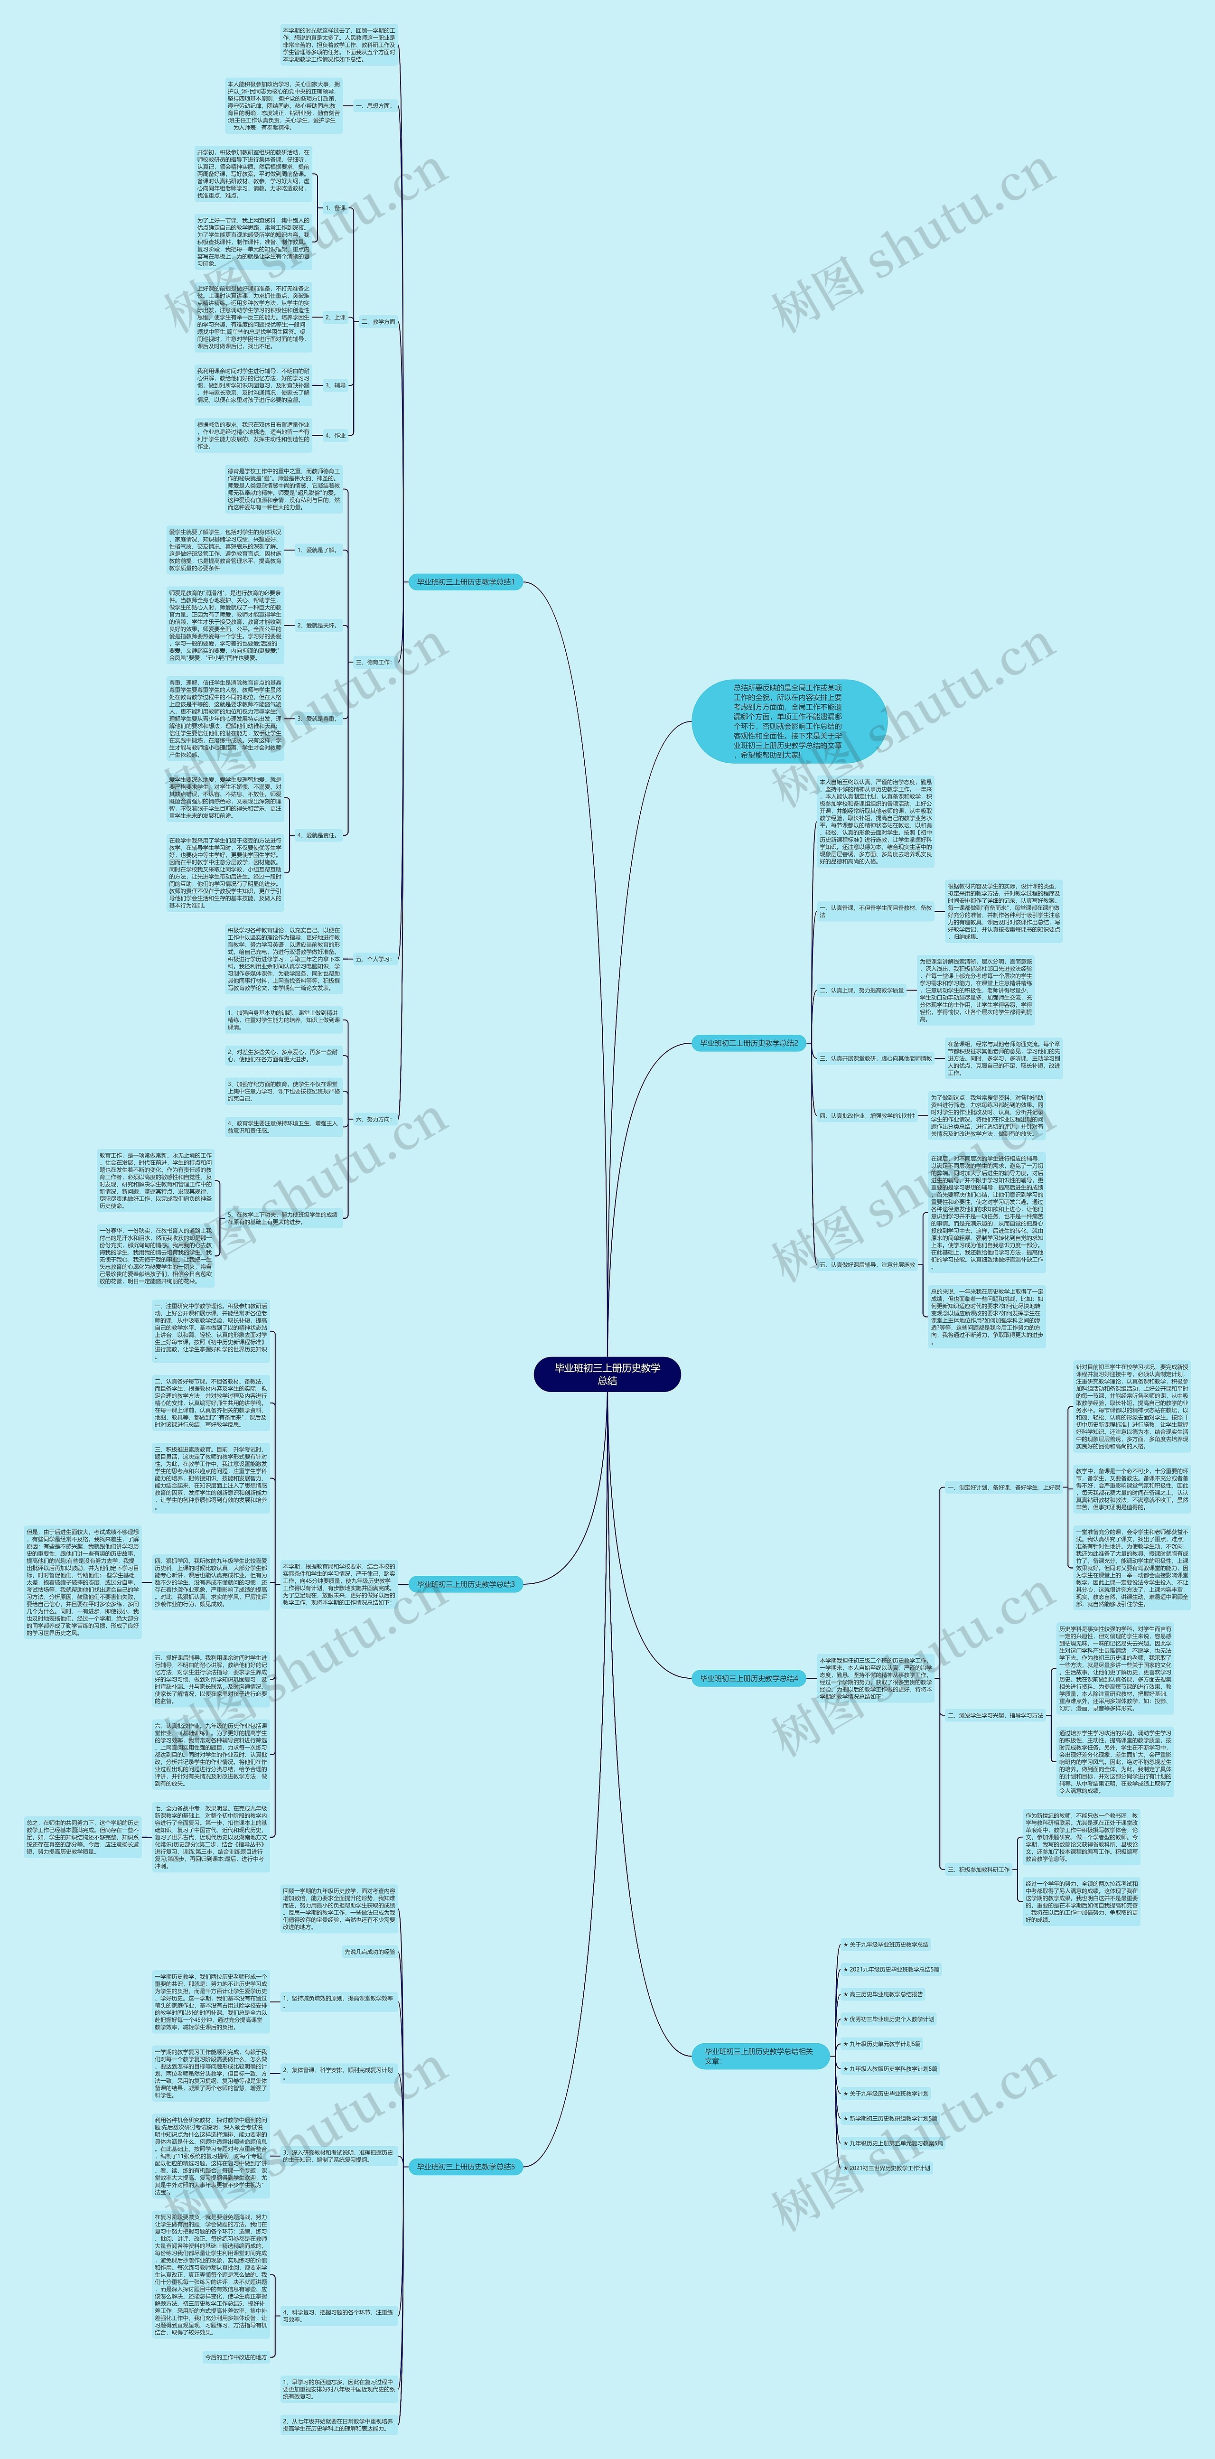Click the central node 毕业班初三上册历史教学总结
click(x=607, y=1374)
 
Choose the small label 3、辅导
click(x=335, y=386)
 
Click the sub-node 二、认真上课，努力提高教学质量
click(x=861, y=991)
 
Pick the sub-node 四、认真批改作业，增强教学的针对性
click(x=867, y=1115)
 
